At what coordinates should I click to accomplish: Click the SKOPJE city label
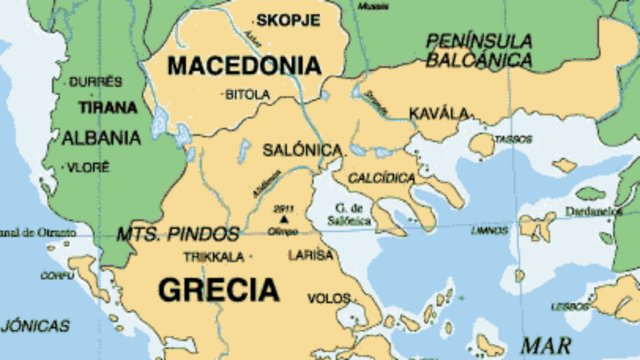289,19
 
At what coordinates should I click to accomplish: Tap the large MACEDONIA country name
244,66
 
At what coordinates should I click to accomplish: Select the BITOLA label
247,95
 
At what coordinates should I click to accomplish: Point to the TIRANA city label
101,107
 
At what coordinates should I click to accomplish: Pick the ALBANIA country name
101,138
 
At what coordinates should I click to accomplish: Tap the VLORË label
88,168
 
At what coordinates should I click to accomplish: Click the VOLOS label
329,298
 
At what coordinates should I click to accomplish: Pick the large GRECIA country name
218,290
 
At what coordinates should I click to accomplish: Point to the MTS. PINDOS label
178,235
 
